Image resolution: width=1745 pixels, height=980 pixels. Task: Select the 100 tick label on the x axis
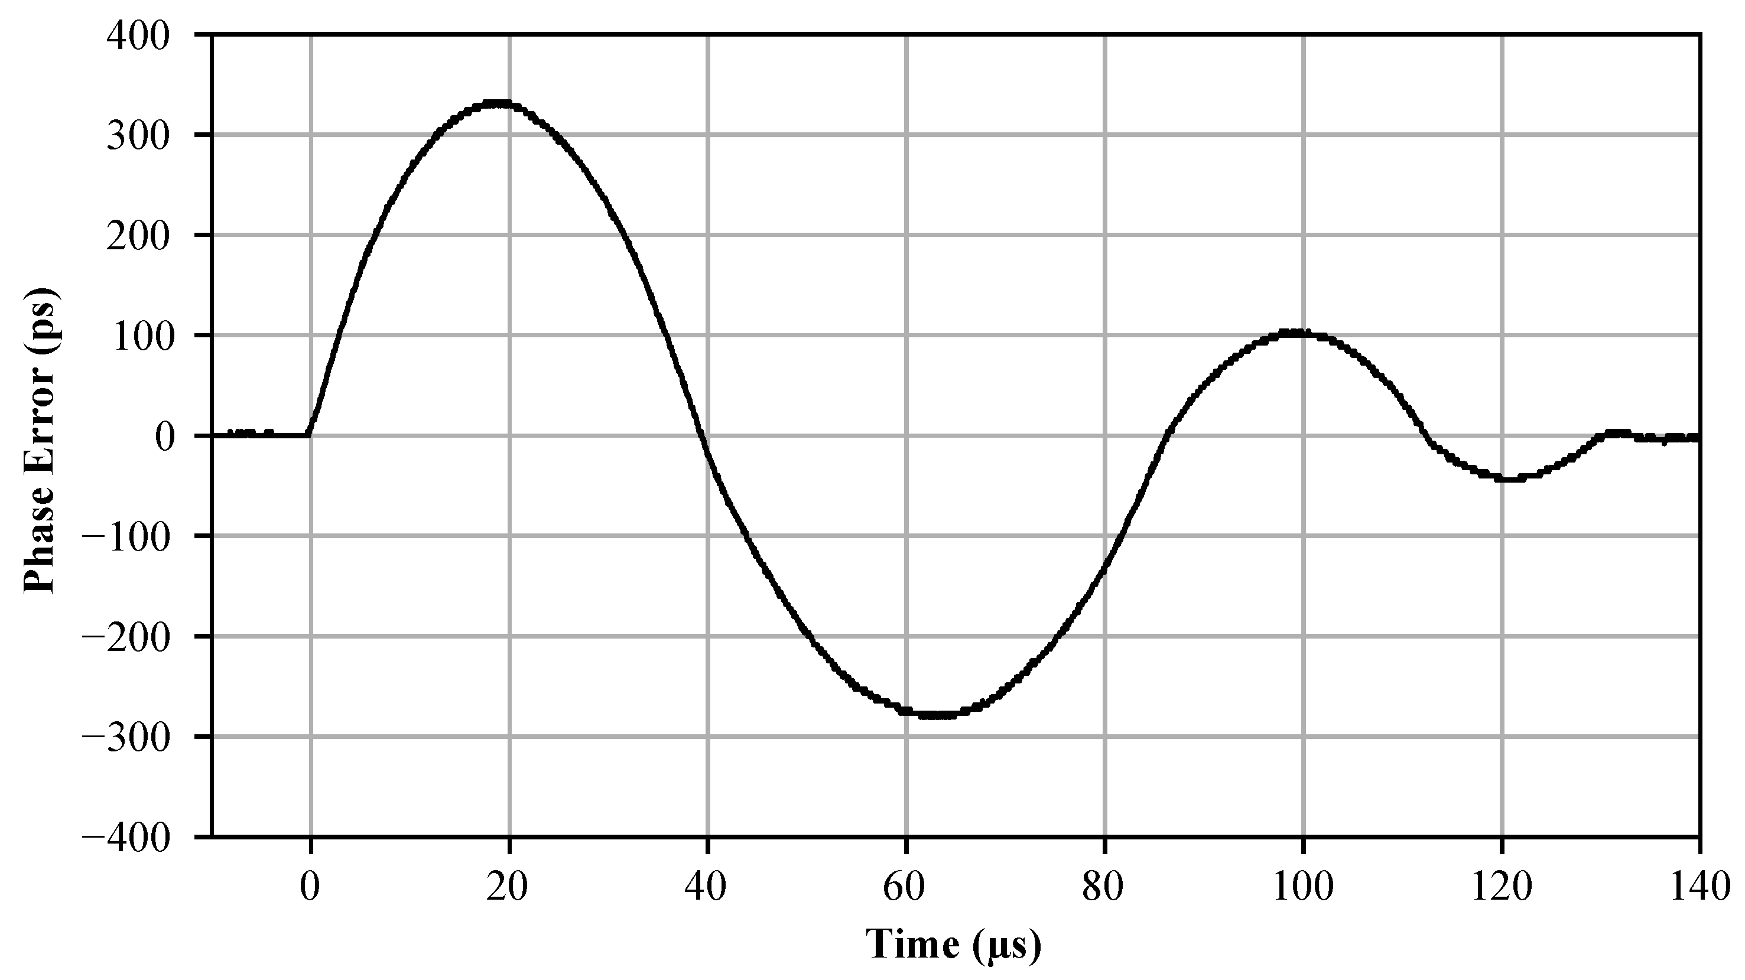tap(1302, 888)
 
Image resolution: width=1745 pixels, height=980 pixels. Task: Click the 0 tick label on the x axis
tap(310, 888)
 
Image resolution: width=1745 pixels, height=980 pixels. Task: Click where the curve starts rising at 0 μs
tap(310, 434)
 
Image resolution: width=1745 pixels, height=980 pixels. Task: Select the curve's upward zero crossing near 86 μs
tap(1166, 435)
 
